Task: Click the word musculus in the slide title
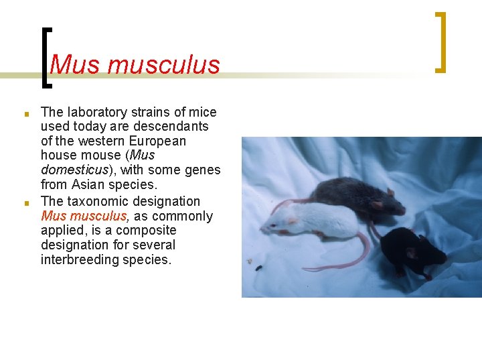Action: click(163, 65)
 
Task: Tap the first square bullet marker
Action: click(25, 113)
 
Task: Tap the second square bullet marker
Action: click(25, 202)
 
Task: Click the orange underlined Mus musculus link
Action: click(84, 216)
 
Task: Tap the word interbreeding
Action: click(80, 260)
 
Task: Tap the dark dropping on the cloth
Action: click(258, 268)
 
